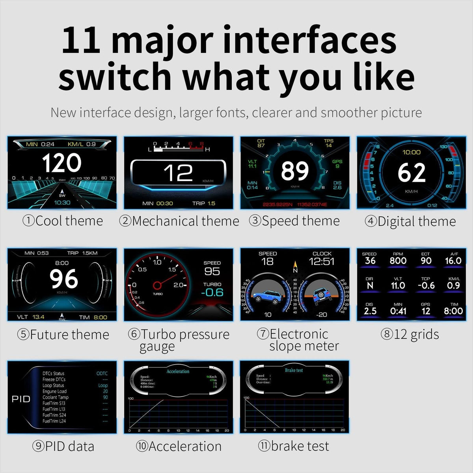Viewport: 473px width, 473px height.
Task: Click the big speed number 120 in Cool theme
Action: click(61, 163)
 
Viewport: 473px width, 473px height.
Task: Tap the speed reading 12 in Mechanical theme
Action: click(179, 173)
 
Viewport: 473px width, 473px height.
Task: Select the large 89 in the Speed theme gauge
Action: click(295, 171)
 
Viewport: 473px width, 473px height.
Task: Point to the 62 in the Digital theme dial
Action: click(412, 173)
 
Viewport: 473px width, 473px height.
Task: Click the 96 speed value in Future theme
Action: click(63, 279)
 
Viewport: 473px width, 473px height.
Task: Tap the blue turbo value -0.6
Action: click(212, 292)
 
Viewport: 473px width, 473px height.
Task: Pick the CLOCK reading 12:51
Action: click(322, 261)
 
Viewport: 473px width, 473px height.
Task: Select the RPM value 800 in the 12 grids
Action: click(398, 261)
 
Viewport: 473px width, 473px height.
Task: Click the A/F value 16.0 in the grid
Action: click(453, 261)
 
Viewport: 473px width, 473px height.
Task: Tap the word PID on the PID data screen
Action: click(21, 399)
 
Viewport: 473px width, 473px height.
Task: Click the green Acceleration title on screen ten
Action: click(178, 371)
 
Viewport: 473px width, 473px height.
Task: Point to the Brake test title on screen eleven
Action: click(294, 370)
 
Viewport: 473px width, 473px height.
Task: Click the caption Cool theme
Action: click(63, 221)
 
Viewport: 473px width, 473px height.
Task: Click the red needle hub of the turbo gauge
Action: click(157, 285)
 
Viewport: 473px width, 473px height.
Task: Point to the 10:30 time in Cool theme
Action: click(62, 203)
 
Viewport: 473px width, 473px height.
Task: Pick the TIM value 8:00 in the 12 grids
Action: click(453, 311)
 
